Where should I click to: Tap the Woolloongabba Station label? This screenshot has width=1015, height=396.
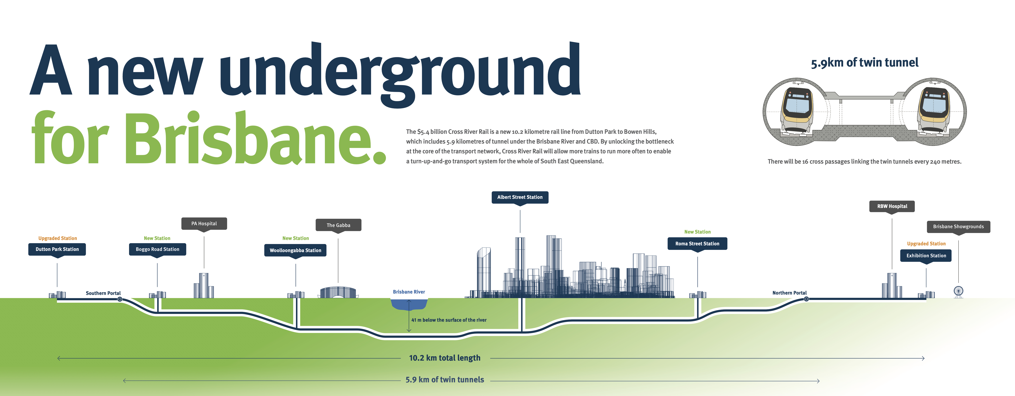pyautogui.click(x=295, y=250)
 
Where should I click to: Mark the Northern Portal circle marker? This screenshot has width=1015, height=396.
pyautogui.click(x=806, y=299)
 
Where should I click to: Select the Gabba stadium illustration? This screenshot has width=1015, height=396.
pyautogui.click(x=338, y=292)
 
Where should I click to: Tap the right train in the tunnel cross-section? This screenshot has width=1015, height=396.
pyautogui.click(x=933, y=110)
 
